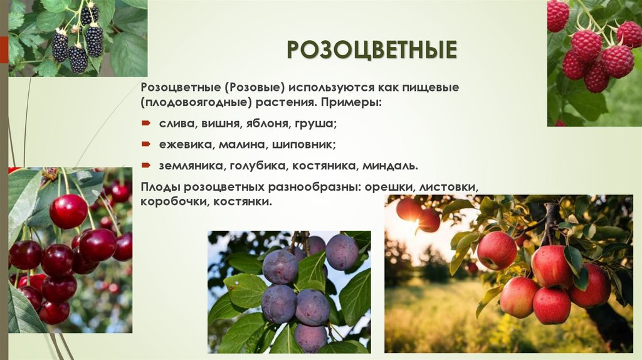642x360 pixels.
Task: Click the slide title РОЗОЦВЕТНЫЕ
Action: pos(372,50)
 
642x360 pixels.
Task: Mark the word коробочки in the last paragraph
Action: pos(174,202)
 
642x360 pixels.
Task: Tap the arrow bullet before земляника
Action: pos(145,166)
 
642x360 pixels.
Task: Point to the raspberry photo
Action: pos(594,63)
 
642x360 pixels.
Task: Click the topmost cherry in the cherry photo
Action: pos(68,211)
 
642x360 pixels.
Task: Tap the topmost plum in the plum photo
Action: pos(342,251)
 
